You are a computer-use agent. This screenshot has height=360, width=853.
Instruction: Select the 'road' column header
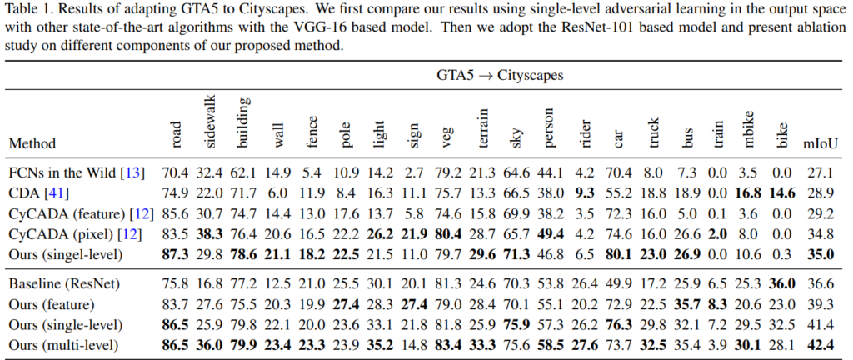click(177, 132)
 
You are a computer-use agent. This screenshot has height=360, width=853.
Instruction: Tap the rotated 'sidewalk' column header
click(211, 123)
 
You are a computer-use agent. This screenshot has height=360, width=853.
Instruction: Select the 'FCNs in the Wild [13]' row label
click(76, 173)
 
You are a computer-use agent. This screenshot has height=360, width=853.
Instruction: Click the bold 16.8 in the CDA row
click(746, 192)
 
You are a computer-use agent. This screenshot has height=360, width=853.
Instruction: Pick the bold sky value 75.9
click(518, 324)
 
